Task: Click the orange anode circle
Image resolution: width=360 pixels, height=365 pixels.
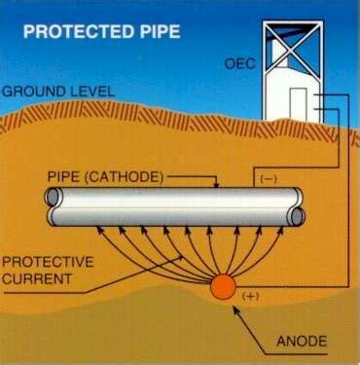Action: click(222, 286)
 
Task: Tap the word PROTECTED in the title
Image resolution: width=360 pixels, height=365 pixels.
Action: click(71, 30)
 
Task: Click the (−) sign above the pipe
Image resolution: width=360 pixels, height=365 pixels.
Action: click(268, 181)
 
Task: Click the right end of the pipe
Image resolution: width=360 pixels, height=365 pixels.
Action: click(298, 206)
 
